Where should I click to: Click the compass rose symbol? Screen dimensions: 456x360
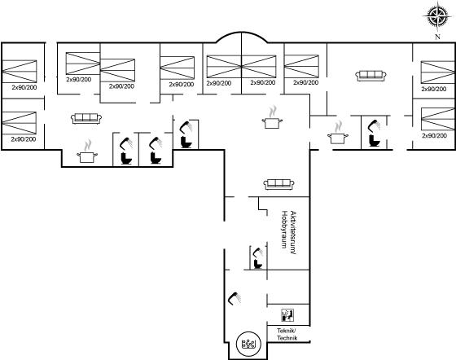pos(437,16)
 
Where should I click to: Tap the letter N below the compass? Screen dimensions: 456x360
pos(437,37)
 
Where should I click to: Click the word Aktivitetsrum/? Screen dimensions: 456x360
pos(294,233)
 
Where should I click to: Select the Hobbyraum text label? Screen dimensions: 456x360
pos(284,230)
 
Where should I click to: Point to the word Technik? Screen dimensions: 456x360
pos(287,338)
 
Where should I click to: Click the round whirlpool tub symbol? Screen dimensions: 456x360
pos(248,344)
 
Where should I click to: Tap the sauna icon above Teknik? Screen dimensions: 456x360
pos(287,315)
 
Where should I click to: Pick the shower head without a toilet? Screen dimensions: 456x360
pos(235,299)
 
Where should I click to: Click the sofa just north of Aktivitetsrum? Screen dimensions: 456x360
pos(278,184)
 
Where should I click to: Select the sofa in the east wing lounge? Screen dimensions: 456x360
pos(370,76)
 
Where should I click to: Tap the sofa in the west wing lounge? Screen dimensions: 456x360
pos(86,118)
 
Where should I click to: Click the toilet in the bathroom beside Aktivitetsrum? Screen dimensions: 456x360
pos(257,264)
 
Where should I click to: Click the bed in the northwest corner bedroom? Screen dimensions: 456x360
pos(20,72)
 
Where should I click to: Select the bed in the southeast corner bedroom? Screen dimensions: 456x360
pos(437,119)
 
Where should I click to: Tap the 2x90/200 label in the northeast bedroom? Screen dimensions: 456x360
pos(433,89)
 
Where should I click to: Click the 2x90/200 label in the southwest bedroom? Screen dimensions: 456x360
pos(24,139)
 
